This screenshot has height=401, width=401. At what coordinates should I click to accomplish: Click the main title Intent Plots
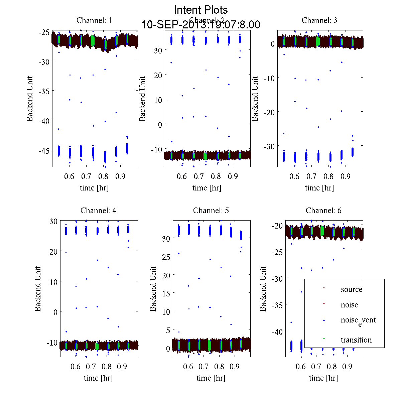pyautogui.click(x=201, y=10)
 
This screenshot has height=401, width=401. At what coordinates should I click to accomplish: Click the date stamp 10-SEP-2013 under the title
pyautogui.click(x=201, y=25)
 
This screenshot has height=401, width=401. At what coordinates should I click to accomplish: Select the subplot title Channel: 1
pyautogui.click(x=94, y=20)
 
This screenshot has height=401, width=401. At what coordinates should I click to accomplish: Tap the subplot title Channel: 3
pyautogui.click(x=319, y=20)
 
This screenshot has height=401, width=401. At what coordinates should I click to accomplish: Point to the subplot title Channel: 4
pyautogui.click(x=98, y=211)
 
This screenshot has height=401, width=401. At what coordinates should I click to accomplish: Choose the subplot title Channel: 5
pyautogui.click(x=211, y=211)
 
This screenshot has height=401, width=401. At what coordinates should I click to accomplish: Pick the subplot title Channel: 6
pyautogui.click(x=323, y=211)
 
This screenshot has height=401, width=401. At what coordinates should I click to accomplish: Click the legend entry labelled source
pyautogui.click(x=352, y=289)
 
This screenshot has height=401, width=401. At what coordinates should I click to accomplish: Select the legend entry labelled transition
pyautogui.click(x=356, y=340)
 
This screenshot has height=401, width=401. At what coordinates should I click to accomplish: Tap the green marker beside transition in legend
pyautogui.click(x=324, y=339)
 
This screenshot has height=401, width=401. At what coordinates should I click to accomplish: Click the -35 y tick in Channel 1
pyautogui.click(x=44, y=91)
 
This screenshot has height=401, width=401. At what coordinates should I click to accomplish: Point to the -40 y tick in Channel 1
pyautogui.click(x=44, y=121)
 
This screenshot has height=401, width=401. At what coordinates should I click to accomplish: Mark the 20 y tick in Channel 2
pyautogui.click(x=158, y=75)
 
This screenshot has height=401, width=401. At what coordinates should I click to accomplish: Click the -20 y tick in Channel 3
pyautogui.click(x=269, y=112)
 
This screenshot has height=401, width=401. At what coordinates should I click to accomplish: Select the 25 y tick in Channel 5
pyautogui.click(x=166, y=257)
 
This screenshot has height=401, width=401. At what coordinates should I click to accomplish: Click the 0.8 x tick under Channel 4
pyautogui.click(x=107, y=367)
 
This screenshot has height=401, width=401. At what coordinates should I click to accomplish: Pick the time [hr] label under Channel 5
pyautogui.click(x=211, y=378)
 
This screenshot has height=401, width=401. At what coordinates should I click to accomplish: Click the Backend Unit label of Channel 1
pyautogui.click(x=30, y=99)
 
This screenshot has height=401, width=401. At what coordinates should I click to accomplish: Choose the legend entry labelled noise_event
pyautogui.click(x=358, y=320)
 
